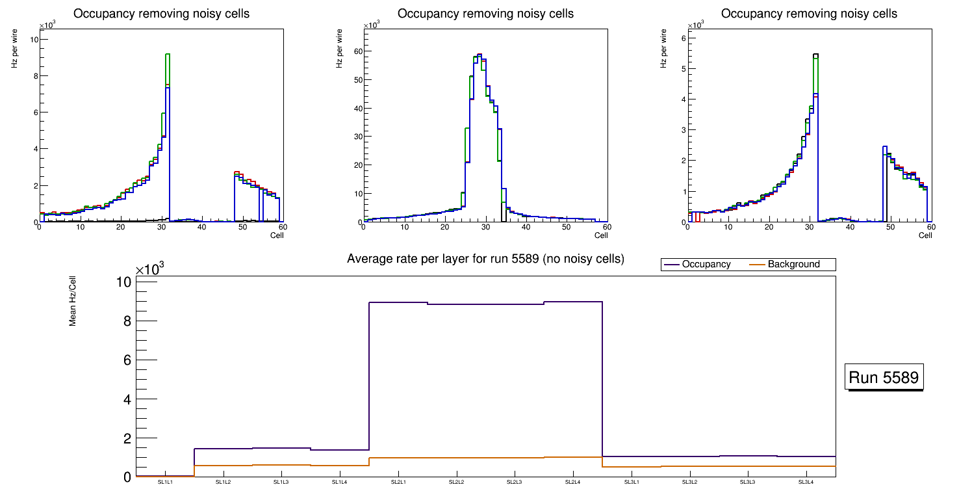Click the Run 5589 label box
(x=884, y=378)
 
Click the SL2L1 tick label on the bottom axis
(x=398, y=482)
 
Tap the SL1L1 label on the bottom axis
(x=165, y=482)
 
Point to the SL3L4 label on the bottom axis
(x=806, y=482)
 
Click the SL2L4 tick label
(x=573, y=482)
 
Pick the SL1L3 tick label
(x=281, y=482)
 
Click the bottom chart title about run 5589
(x=485, y=259)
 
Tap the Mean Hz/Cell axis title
(x=73, y=300)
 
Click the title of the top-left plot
(x=161, y=14)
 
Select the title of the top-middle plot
(x=485, y=14)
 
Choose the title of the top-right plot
(x=810, y=14)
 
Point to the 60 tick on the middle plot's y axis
(x=357, y=51)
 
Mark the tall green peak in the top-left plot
(x=167, y=55)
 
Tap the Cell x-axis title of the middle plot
(x=601, y=235)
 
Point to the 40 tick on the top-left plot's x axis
(x=202, y=227)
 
